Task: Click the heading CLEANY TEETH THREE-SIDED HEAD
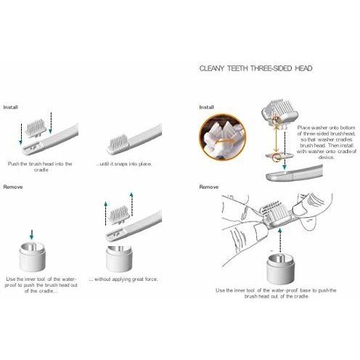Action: (x=255, y=68)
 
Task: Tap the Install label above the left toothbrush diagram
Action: (x=11, y=107)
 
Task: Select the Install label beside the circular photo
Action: (x=206, y=107)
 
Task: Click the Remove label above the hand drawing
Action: (x=209, y=187)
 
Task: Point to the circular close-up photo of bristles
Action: (x=222, y=137)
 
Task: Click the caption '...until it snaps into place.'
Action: (x=123, y=164)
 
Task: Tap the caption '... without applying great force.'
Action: (x=123, y=279)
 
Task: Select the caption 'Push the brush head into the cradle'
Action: (x=40, y=167)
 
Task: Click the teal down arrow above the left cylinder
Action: (x=31, y=234)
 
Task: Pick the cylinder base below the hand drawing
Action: (x=281, y=268)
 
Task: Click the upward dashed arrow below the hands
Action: (x=280, y=240)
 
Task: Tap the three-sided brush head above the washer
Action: (x=279, y=110)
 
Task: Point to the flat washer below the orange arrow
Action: (x=281, y=156)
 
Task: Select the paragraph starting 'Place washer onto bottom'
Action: (x=327, y=142)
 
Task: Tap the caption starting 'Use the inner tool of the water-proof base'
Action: (x=276, y=293)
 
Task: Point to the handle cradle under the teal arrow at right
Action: (x=294, y=173)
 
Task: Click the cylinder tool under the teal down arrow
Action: (x=32, y=257)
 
